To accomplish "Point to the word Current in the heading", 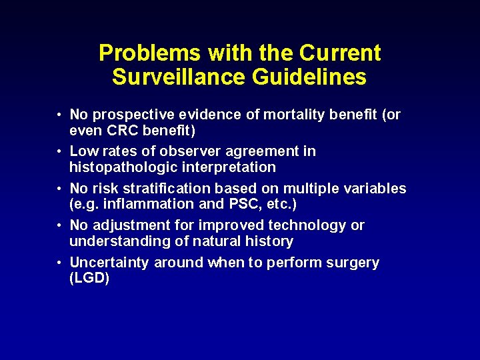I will click(x=340, y=53).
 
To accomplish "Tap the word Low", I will click(x=83, y=151).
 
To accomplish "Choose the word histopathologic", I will click(x=124, y=167).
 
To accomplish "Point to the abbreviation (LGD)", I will click(x=89, y=278).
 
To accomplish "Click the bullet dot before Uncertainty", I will click(x=59, y=263).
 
